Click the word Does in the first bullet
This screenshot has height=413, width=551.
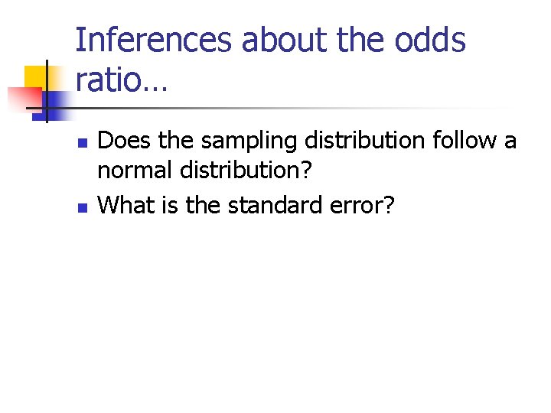[x=120, y=141]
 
